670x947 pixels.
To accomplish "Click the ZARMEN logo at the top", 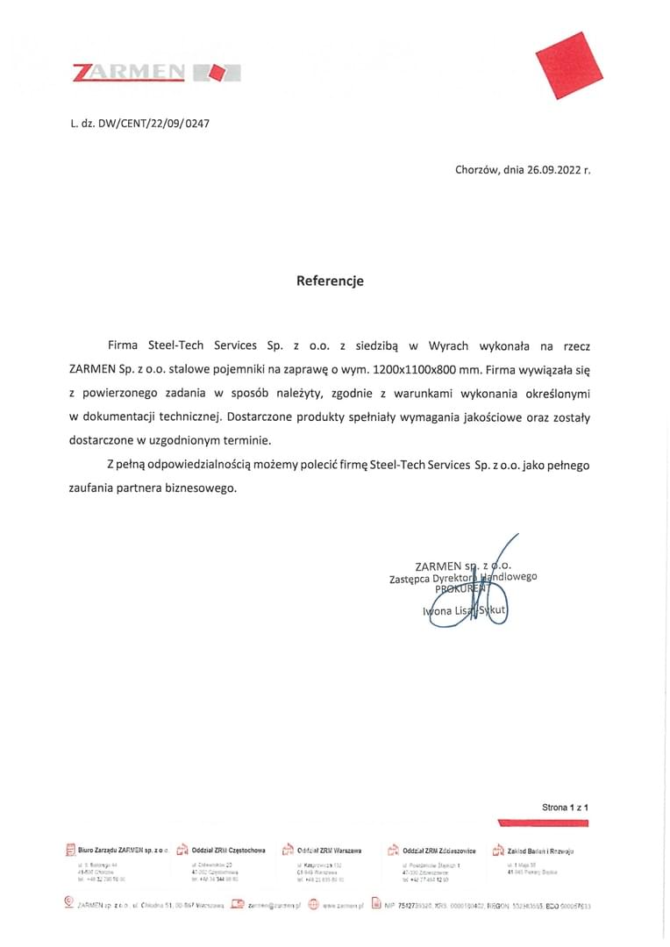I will tap(156, 72).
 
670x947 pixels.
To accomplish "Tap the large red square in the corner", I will tap(569, 66).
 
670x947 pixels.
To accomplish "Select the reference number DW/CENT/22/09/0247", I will tap(153, 124).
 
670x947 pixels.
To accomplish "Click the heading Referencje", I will tap(329, 281).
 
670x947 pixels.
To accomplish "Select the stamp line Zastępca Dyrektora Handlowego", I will tap(463, 578).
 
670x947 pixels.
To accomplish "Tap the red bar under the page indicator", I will tap(542, 822).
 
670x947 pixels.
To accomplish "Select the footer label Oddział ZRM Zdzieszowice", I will tap(438, 851).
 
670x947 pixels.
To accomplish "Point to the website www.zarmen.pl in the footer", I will tap(342, 905).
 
